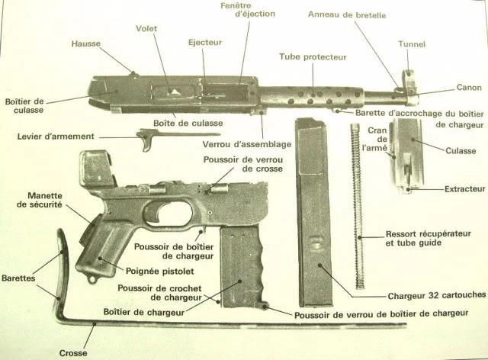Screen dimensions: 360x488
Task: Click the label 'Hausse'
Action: (x=87, y=44)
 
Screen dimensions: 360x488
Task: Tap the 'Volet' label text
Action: (x=146, y=30)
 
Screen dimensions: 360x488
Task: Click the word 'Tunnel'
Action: (x=412, y=44)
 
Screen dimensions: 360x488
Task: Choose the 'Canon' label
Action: (x=469, y=88)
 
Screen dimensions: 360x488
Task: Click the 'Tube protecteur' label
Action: (x=313, y=57)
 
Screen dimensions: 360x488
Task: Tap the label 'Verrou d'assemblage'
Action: (x=236, y=143)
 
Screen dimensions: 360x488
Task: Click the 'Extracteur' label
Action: (x=464, y=188)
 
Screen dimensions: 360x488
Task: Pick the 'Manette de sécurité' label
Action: (x=38, y=200)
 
